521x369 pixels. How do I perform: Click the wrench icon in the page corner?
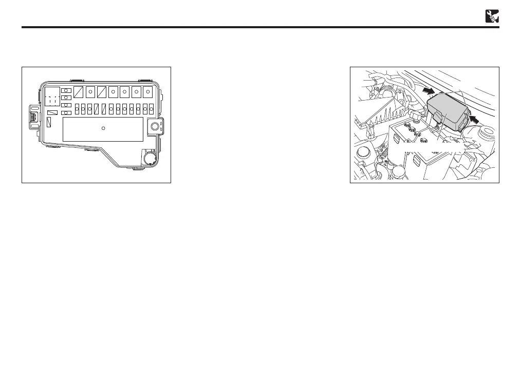(492, 16)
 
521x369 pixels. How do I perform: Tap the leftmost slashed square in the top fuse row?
(79, 92)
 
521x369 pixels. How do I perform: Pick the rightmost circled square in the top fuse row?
(148, 92)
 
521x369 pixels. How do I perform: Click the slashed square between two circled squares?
(102, 92)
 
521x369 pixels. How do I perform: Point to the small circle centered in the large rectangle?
(103, 128)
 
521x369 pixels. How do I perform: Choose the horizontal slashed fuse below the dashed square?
(52, 112)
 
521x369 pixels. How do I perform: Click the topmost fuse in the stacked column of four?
(66, 90)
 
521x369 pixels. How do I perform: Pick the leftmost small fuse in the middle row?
(77, 109)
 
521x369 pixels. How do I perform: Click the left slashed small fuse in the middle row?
(97, 109)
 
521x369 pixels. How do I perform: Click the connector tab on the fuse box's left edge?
(33, 118)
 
